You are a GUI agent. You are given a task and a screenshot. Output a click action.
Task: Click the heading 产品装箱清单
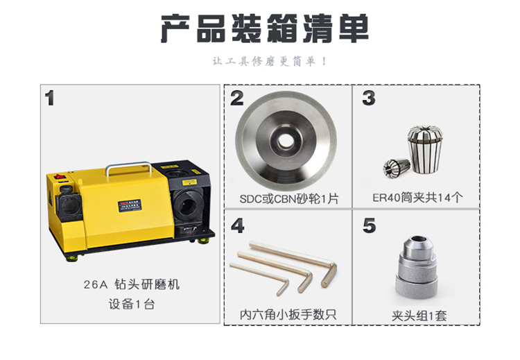click(265, 28)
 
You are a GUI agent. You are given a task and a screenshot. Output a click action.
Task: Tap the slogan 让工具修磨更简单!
click(270, 61)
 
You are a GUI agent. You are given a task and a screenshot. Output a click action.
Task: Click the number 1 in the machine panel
click(50, 98)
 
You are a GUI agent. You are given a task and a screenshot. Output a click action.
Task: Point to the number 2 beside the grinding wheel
click(237, 98)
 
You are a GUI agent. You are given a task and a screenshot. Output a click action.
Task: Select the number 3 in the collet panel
click(369, 98)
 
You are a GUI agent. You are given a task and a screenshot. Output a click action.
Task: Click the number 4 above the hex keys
click(238, 225)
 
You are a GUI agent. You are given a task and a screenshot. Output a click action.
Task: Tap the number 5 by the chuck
click(369, 225)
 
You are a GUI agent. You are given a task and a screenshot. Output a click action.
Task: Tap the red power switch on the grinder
click(60, 177)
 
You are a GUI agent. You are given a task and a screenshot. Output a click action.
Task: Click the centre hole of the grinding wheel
click(285, 141)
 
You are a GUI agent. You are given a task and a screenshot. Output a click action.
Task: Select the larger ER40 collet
click(425, 150)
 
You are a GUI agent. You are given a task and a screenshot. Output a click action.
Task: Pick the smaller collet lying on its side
click(397, 168)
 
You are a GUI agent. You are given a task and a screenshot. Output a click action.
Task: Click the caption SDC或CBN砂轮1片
click(289, 199)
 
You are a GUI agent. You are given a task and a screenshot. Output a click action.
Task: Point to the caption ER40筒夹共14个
click(417, 198)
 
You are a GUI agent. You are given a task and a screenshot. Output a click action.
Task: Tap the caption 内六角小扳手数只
click(288, 314)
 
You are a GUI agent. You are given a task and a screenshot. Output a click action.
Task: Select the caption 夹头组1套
click(419, 316)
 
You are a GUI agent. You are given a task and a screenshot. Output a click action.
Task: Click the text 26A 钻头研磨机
click(132, 284)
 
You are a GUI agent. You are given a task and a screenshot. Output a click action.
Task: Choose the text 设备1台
click(132, 304)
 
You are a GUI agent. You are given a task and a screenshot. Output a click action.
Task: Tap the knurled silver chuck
click(417, 269)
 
